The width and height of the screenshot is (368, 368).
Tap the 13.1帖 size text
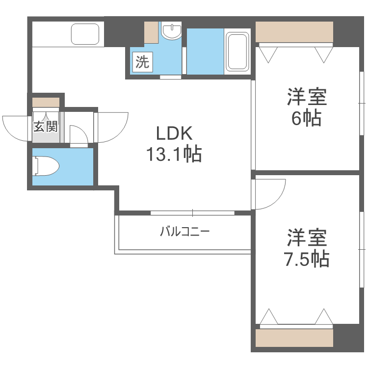(x=173, y=155)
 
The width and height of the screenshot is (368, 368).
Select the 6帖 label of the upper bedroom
(x=307, y=118)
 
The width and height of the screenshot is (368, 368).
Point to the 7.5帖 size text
(x=307, y=259)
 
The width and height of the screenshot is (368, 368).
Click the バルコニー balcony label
(x=185, y=231)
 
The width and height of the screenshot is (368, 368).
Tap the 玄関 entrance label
(x=46, y=127)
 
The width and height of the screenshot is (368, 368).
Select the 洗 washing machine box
(x=142, y=62)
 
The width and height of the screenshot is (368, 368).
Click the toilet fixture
(x=45, y=166)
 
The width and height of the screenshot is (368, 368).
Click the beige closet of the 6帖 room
(x=294, y=32)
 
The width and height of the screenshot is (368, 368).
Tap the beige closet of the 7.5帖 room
(x=294, y=338)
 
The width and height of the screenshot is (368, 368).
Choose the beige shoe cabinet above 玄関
(x=46, y=103)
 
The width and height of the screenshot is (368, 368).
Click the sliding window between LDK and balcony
(x=192, y=213)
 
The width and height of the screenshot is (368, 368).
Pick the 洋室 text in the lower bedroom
(x=307, y=238)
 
